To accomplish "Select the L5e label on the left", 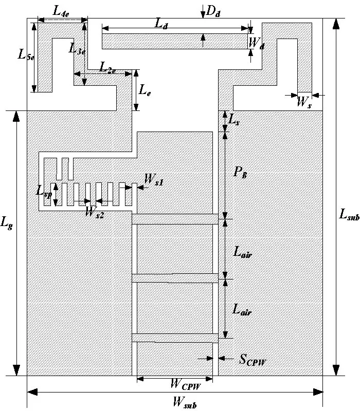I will click(26, 55).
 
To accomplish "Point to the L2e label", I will click(108, 66).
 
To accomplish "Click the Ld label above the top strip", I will click(166, 22).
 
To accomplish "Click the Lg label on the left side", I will click(8, 222).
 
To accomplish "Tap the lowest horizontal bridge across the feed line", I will click(175, 338).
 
